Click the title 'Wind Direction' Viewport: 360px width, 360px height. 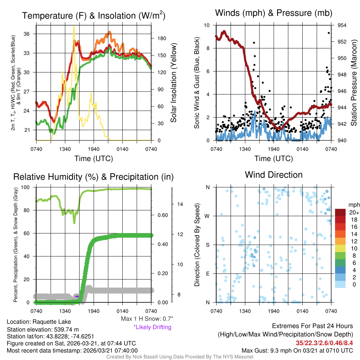[274, 175]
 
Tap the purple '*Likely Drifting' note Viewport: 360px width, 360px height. [152, 327]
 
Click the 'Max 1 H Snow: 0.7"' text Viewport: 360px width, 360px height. [147, 319]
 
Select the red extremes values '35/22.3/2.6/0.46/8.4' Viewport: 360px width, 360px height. [324, 342]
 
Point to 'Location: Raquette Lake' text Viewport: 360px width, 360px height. [39, 322]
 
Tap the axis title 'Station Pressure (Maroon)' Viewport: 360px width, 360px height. [354, 83]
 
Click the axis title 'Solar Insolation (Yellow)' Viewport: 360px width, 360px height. [173, 83]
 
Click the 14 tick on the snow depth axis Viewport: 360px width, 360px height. [180, 204]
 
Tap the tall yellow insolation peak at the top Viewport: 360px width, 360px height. [74, 27]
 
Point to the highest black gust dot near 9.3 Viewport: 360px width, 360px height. [329, 33]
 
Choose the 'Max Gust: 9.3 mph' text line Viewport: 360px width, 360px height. [297, 351]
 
